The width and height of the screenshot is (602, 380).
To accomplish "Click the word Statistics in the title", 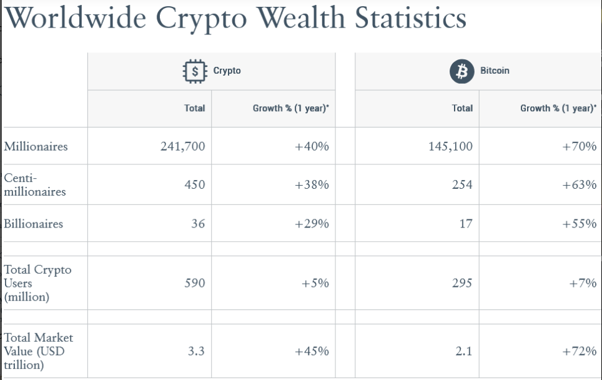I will [410, 17].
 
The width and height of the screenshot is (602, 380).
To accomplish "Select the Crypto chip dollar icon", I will [195, 71].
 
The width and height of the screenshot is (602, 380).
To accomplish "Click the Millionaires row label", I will [36, 147].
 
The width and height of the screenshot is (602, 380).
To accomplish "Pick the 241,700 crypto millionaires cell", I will [182, 147].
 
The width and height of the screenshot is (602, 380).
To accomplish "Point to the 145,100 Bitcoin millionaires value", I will [450, 147].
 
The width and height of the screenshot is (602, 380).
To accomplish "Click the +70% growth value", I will [579, 147].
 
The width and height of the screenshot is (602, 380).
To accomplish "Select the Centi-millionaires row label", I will [34, 185].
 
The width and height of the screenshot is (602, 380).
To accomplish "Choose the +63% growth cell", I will [579, 185].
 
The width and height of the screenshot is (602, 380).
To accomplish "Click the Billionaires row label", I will [34, 224].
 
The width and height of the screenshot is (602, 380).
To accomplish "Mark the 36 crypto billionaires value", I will [198, 224].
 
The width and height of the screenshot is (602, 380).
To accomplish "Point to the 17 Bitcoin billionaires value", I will [465, 224].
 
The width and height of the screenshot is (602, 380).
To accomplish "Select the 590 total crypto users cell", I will [194, 283].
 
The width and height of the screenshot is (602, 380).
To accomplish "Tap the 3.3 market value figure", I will [196, 351].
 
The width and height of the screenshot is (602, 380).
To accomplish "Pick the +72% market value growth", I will [579, 351].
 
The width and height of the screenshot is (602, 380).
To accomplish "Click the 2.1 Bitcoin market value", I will [463, 351].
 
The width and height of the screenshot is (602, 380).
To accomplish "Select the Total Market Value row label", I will [38, 351].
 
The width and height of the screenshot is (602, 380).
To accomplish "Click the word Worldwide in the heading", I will [75, 17].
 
